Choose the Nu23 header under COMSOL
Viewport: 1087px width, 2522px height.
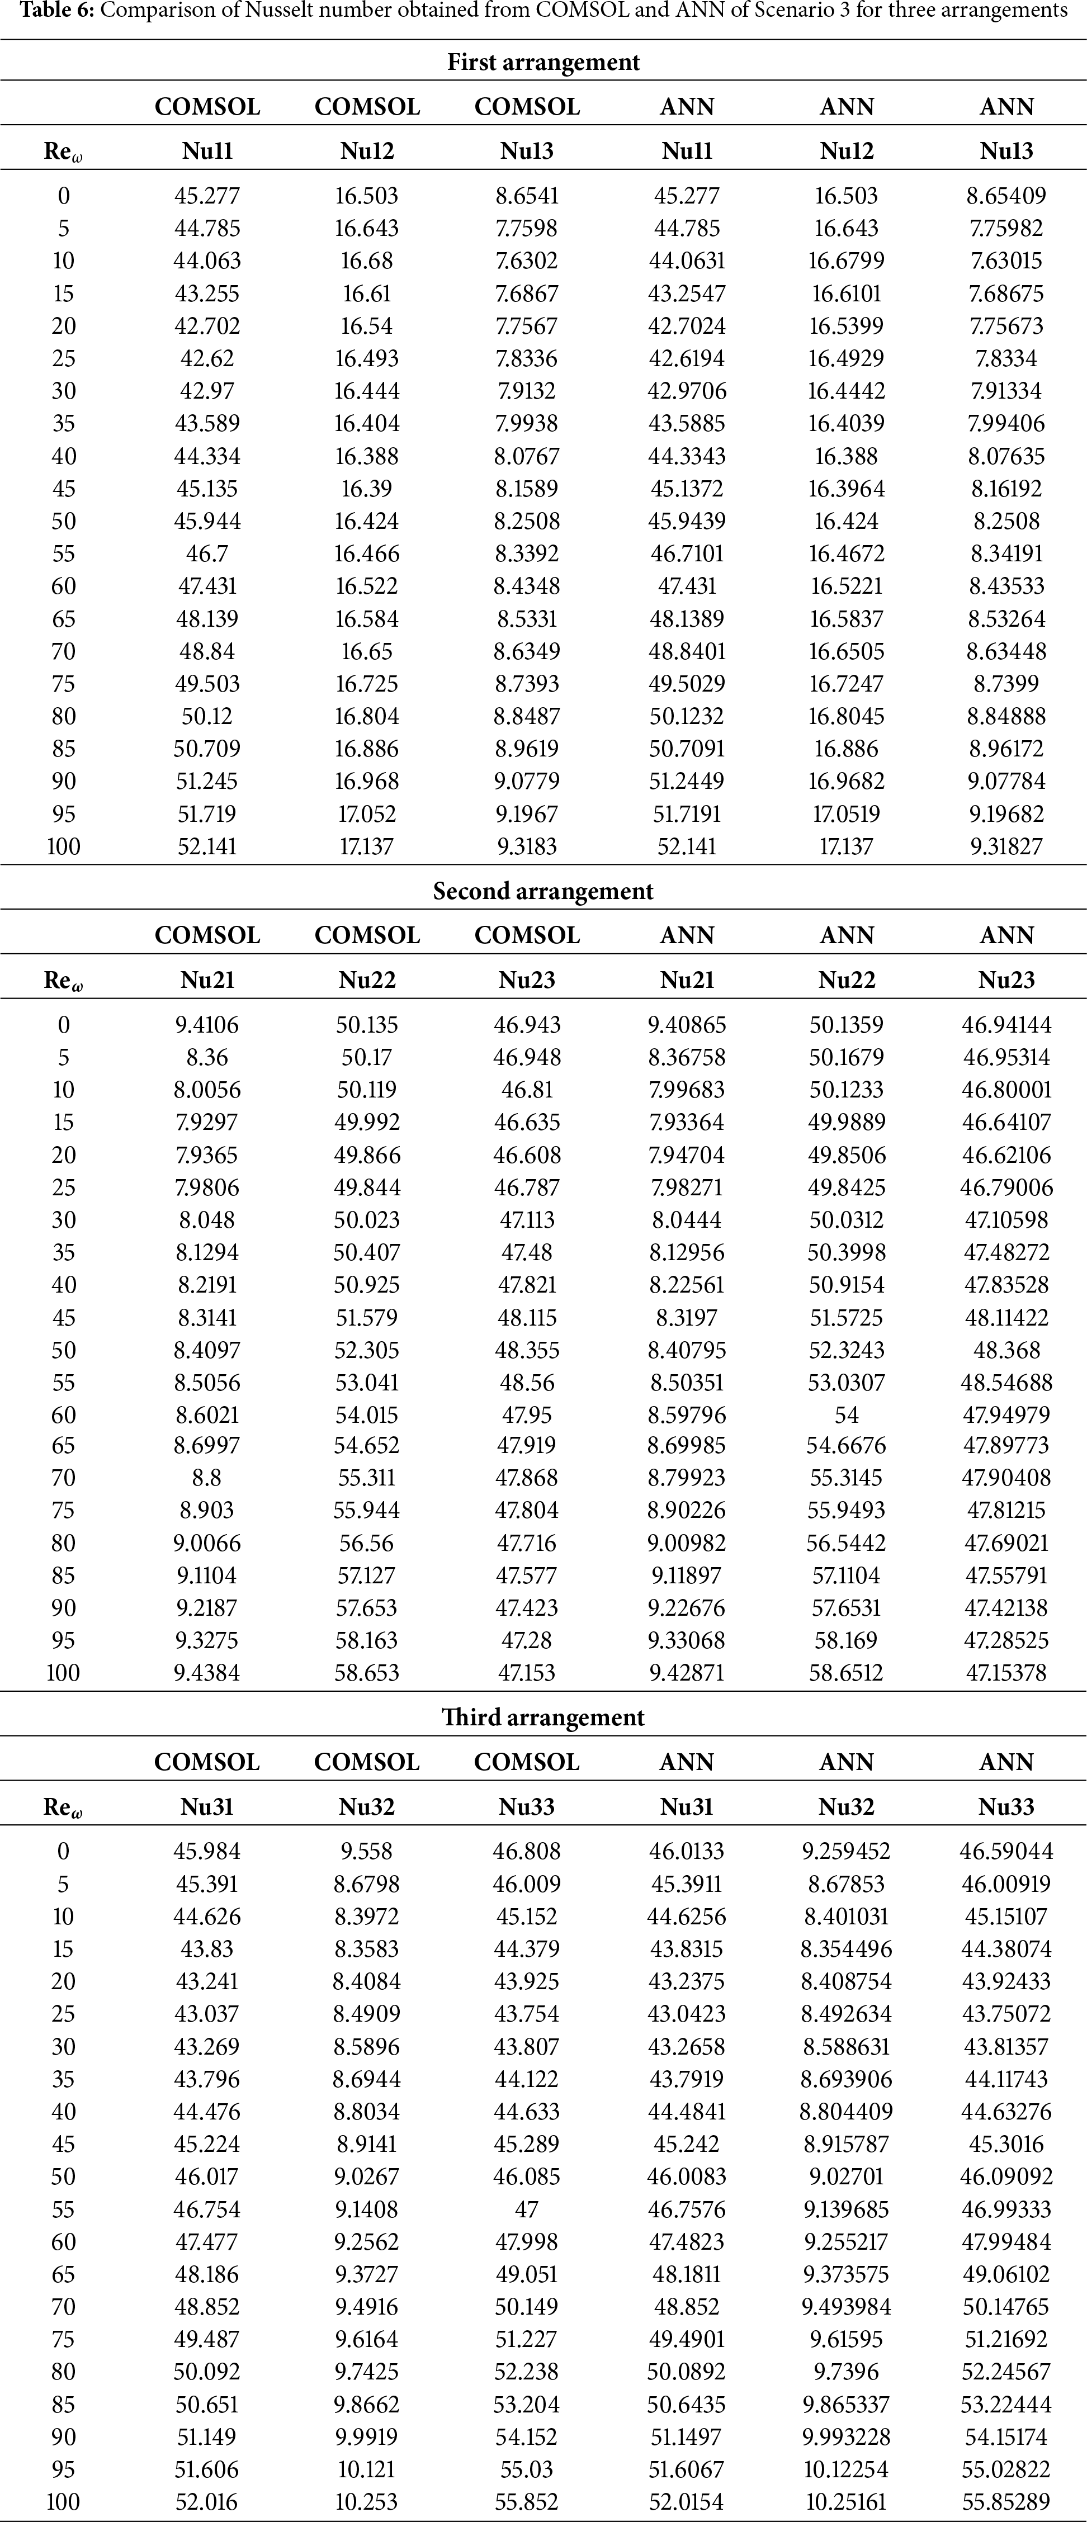pyautogui.click(x=527, y=980)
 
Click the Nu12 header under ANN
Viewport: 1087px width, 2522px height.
pyautogui.click(x=846, y=152)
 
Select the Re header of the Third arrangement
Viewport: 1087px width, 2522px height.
pyautogui.click(x=63, y=1807)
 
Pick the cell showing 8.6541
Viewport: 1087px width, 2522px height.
pyautogui.click(x=527, y=196)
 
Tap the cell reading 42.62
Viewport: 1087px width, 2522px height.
pyautogui.click(x=207, y=358)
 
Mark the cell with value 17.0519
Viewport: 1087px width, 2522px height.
pyautogui.click(x=846, y=813)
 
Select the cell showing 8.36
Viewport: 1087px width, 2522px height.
pyautogui.click(x=207, y=1057)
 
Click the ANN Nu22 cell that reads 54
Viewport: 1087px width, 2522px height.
pyautogui.click(x=846, y=1414)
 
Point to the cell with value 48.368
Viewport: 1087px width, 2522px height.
pyautogui.click(x=1006, y=1350)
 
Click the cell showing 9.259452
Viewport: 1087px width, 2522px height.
pyautogui.click(x=846, y=1851)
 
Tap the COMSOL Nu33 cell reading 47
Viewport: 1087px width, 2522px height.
pyautogui.click(x=527, y=2209)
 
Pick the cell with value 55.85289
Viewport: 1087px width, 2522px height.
pyautogui.click(x=1006, y=2501)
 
